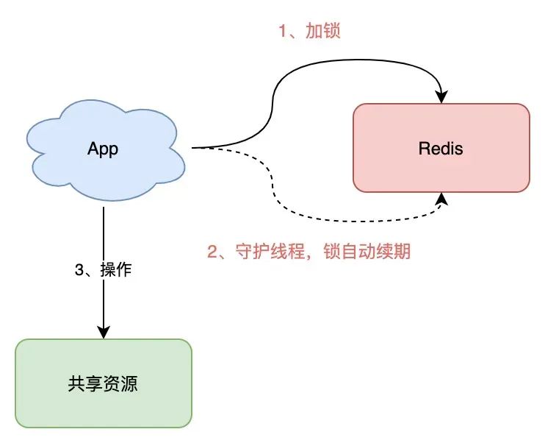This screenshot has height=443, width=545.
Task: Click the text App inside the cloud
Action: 103,149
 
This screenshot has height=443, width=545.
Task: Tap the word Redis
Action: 441,149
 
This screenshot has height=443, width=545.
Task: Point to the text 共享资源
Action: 104,383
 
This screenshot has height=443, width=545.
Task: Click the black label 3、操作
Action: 104,269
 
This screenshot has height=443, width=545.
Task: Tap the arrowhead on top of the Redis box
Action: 441,96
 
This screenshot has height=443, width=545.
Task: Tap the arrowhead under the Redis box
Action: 441,199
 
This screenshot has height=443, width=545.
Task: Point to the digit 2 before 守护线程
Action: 214,252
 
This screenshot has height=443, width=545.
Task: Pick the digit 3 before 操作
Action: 80,269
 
